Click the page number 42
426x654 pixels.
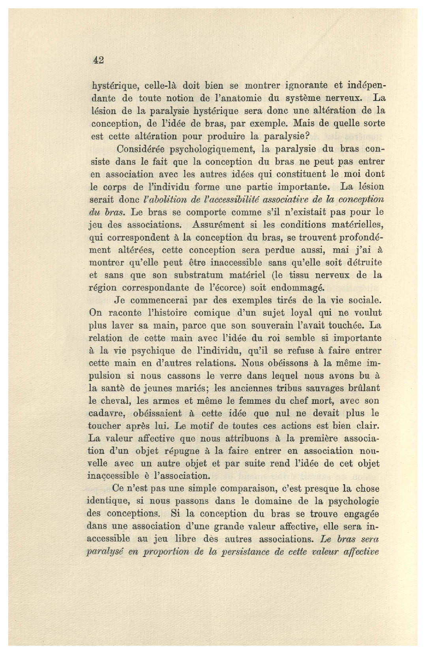click(98, 60)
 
